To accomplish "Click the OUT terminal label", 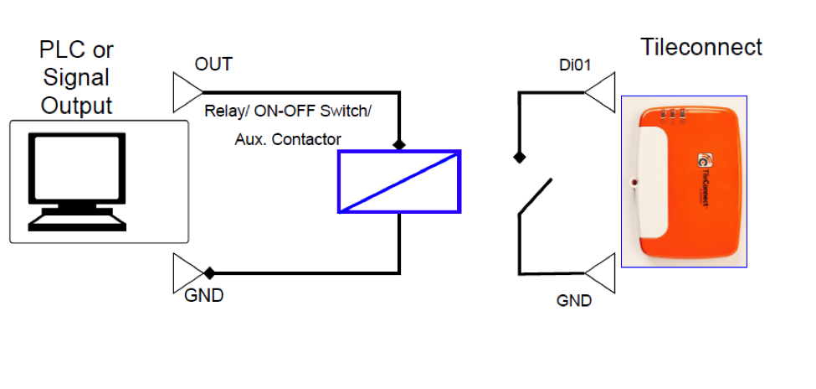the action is coord(213,65).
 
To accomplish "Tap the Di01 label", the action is coord(575,65).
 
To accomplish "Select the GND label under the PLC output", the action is coord(204,296).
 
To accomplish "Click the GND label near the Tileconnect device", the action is coord(574,301).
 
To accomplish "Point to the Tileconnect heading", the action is coord(701,47).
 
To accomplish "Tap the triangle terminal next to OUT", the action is coord(187,92).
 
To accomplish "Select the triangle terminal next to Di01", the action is coord(600,92).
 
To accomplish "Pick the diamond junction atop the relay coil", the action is coord(399,144).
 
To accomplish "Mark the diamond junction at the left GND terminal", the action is coord(209,272).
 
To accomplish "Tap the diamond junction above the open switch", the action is coord(518,157).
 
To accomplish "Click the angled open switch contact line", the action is coord(535,196).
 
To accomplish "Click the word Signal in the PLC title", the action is coord(76,77).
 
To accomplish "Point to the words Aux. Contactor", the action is coord(288,139).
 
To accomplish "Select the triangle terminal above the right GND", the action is coord(600,272).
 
